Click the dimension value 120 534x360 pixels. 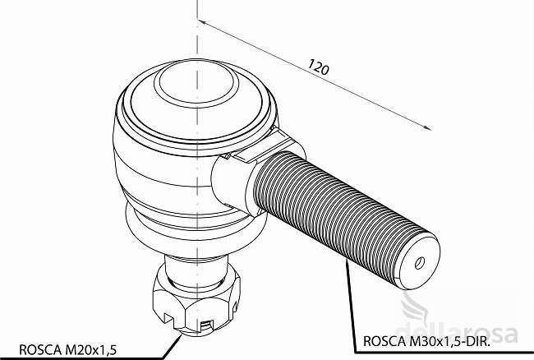tap(319, 67)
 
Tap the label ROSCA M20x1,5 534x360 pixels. tap(67, 350)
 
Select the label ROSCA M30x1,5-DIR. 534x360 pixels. tap(427, 341)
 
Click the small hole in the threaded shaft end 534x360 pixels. tap(419, 263)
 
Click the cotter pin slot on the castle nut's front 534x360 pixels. tap(206, 326)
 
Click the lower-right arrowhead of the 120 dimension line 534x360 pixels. tap(426, 127)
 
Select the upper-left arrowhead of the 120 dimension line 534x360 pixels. tap(201, 22)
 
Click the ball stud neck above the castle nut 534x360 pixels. tap(196, 270)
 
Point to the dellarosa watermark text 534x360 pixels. tap(456, 332)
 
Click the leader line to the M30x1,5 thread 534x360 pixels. tap(351, 306)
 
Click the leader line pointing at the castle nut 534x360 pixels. tap(172, 347)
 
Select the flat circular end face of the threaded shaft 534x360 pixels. tap(420, 262)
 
